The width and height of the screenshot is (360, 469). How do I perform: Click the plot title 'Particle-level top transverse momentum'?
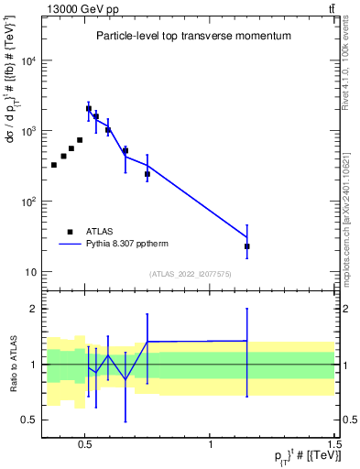[193, 36]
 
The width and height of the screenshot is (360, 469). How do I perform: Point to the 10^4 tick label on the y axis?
[28, 60]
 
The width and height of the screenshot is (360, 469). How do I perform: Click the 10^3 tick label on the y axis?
[28, 131]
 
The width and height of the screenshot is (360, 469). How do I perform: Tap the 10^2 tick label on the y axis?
[28, 202]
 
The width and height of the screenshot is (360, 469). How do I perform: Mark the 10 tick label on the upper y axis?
[30, 272]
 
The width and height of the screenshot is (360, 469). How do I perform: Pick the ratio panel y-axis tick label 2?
[33, 309]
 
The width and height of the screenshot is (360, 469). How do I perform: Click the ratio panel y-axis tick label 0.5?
[29, 420]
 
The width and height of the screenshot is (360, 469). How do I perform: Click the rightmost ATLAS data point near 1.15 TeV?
[247, 246]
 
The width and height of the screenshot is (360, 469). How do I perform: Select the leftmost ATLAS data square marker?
[54, 165]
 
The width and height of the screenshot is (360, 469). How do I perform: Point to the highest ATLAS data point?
[89, 108]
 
